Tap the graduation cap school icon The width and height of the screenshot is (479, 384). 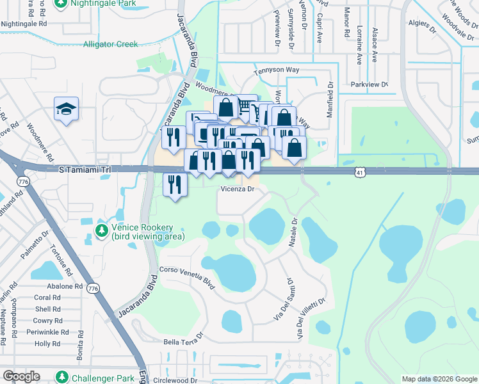tap(66, 110)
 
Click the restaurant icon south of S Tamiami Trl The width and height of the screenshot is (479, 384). tap(175, 184)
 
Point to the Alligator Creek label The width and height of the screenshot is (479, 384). tap(110, 44)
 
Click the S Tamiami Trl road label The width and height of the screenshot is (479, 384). tap(85, 170)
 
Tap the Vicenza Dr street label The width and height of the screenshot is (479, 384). tap(238, 189)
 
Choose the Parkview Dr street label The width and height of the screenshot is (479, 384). tap(369, 84)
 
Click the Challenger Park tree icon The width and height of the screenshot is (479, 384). tap(62, 377)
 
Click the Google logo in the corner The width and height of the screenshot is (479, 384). tap(21, 376)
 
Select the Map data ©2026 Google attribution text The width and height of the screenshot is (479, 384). tap(439, 379)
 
